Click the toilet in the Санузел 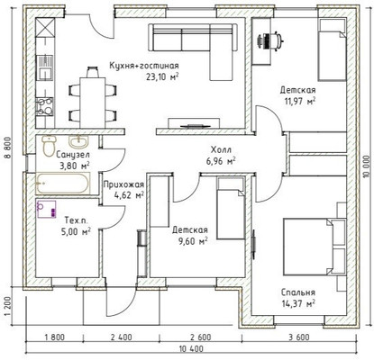pyautogui.click(x=49, y=145)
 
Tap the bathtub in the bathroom pyautogui.click(x=62, y=183)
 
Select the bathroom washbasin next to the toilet pyautogui.click(x=78, y=141)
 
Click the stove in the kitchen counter pyautogui.click(x=45, y=107)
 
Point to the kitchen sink pyautogui.click(x=45, y=67)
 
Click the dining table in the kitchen pyautogui.click(x=93, y=103)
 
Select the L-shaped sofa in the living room pyautogui.click(x=194, y=46)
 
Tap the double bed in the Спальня pyautogui.click(x=308, y=247)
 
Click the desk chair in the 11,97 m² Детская pyautogui.click(x=271, y=40)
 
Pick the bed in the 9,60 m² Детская pyautogui.click(x=232, y=208)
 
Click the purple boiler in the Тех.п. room pyautogui.click(x=46, y=209)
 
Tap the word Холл pyautogui.click(x=221, y=149)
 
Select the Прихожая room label pyautogui.click(x=123, y=184)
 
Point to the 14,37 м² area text pyautogui.click(x=298, y=303)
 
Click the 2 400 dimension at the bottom pyautogui.click(x=121, y=337)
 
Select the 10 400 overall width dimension pyautogui.click(x=191, y=349)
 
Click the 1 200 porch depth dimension pyautogui.click(x=8, y=306)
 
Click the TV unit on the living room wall pyautogui.click(x=194, y=123)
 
